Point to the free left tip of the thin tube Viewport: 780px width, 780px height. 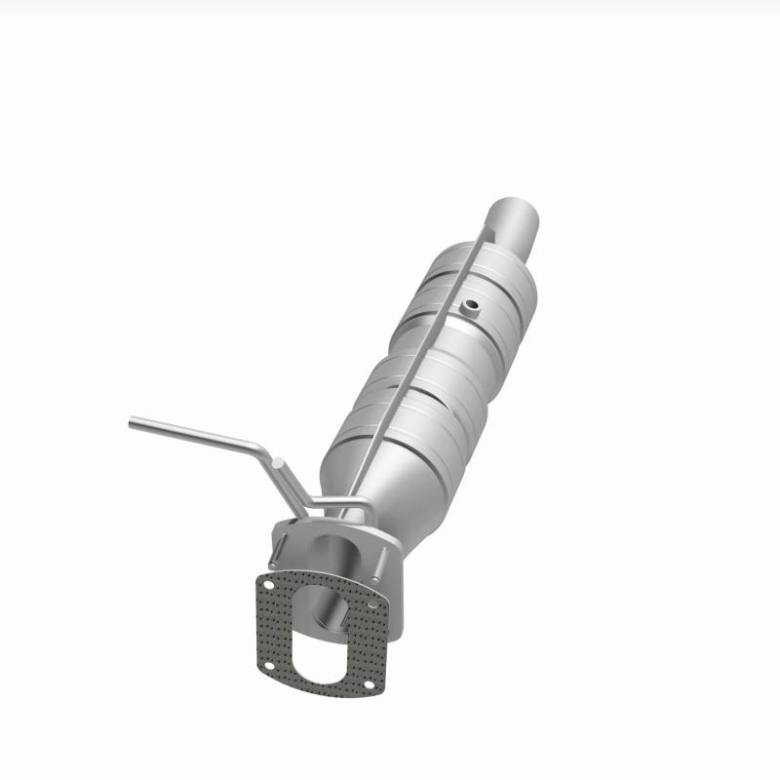click(x=133, y=422)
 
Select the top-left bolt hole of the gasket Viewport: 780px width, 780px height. click(x=267, y=582)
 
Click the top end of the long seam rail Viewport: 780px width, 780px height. click(x=484, y=230)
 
